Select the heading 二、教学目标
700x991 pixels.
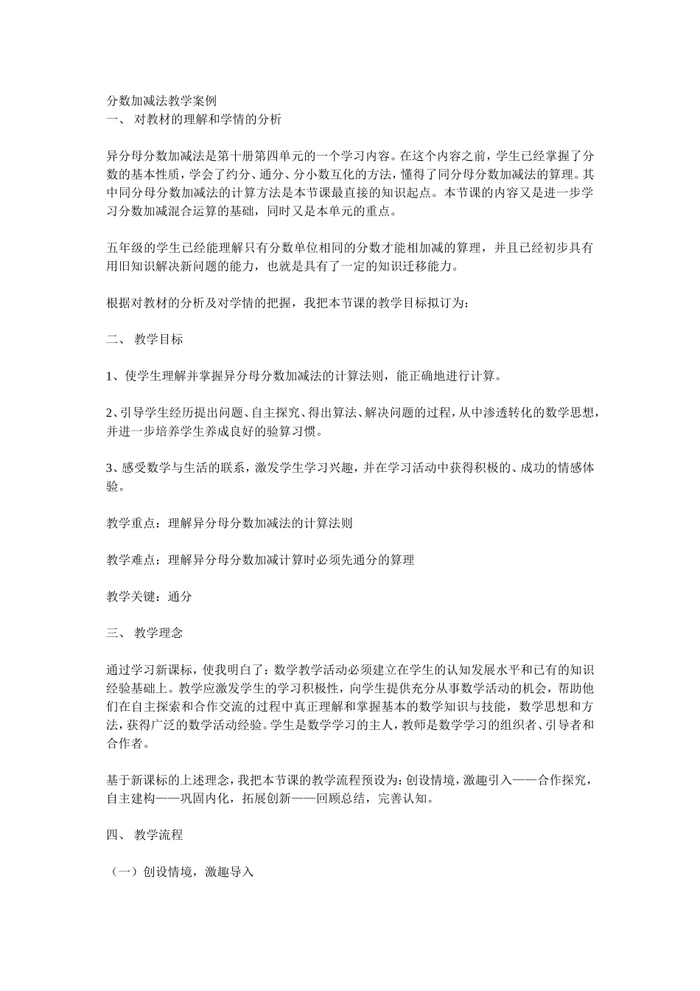(144, 340)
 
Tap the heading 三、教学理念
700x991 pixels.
(144, 633)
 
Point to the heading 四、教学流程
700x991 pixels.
(144, 835)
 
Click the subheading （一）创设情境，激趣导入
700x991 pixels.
(181, 872)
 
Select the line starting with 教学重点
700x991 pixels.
(229, 524)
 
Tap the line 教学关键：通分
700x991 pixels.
(149, 597)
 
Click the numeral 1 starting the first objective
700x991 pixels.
(110, 377)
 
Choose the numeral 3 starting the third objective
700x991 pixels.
(110, 468)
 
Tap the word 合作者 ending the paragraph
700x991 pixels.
(125, 743)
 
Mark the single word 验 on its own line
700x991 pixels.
(113, 487)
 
